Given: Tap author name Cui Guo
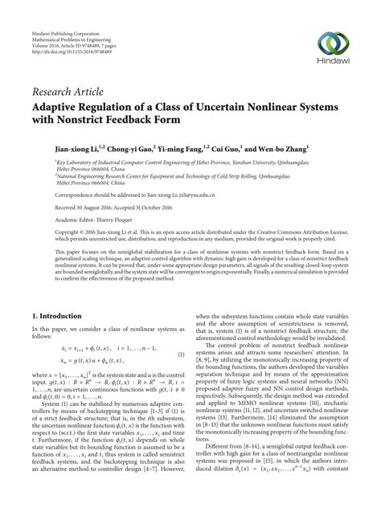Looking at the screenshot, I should (239, 149).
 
